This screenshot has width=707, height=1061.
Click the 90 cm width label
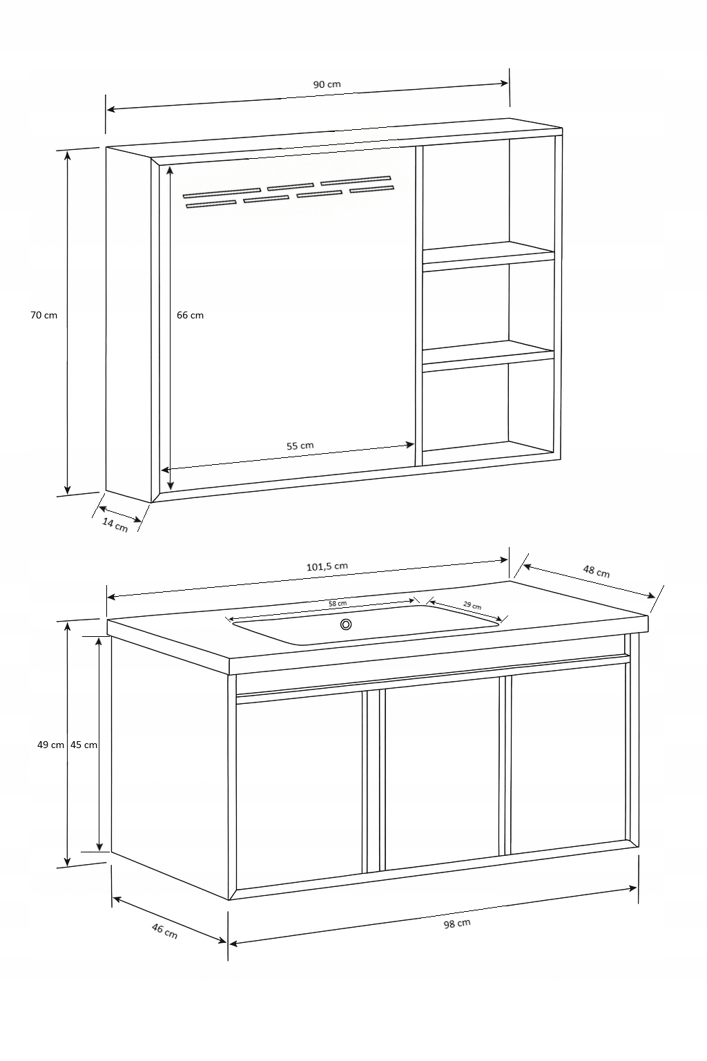pyautogui.click(x=327, y=84)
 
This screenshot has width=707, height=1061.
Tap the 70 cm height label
pyautogui.click(x=43, y=315)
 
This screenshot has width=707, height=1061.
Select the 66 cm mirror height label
pyautogui.click(x=190, y=315)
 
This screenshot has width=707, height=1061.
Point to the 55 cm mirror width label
pyautogui.click(x=300, y=446)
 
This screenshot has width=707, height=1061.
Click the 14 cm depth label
pyautogui.click(x=115, y=525)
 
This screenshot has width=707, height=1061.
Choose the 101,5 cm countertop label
pyautogui.click(x=327, y=566)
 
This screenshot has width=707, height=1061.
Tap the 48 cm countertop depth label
pyautogui.click(x=597, y=571)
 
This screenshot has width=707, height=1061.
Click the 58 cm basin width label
pyautogui.click(x=338, y=604)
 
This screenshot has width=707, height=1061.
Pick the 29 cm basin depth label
pyautogui.click(x=472, y=605)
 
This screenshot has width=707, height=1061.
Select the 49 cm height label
pyautogui.click(x=50, y=745)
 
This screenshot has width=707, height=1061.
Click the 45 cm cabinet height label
pyautogui.click(x=84, y=745)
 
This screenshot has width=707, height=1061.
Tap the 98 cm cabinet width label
pyautogui.click(x=457, y=923)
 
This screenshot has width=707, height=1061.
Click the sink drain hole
pyautogui.click(x=346, y=624)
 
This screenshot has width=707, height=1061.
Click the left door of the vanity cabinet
pyautogui.click(x=299, y=790)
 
